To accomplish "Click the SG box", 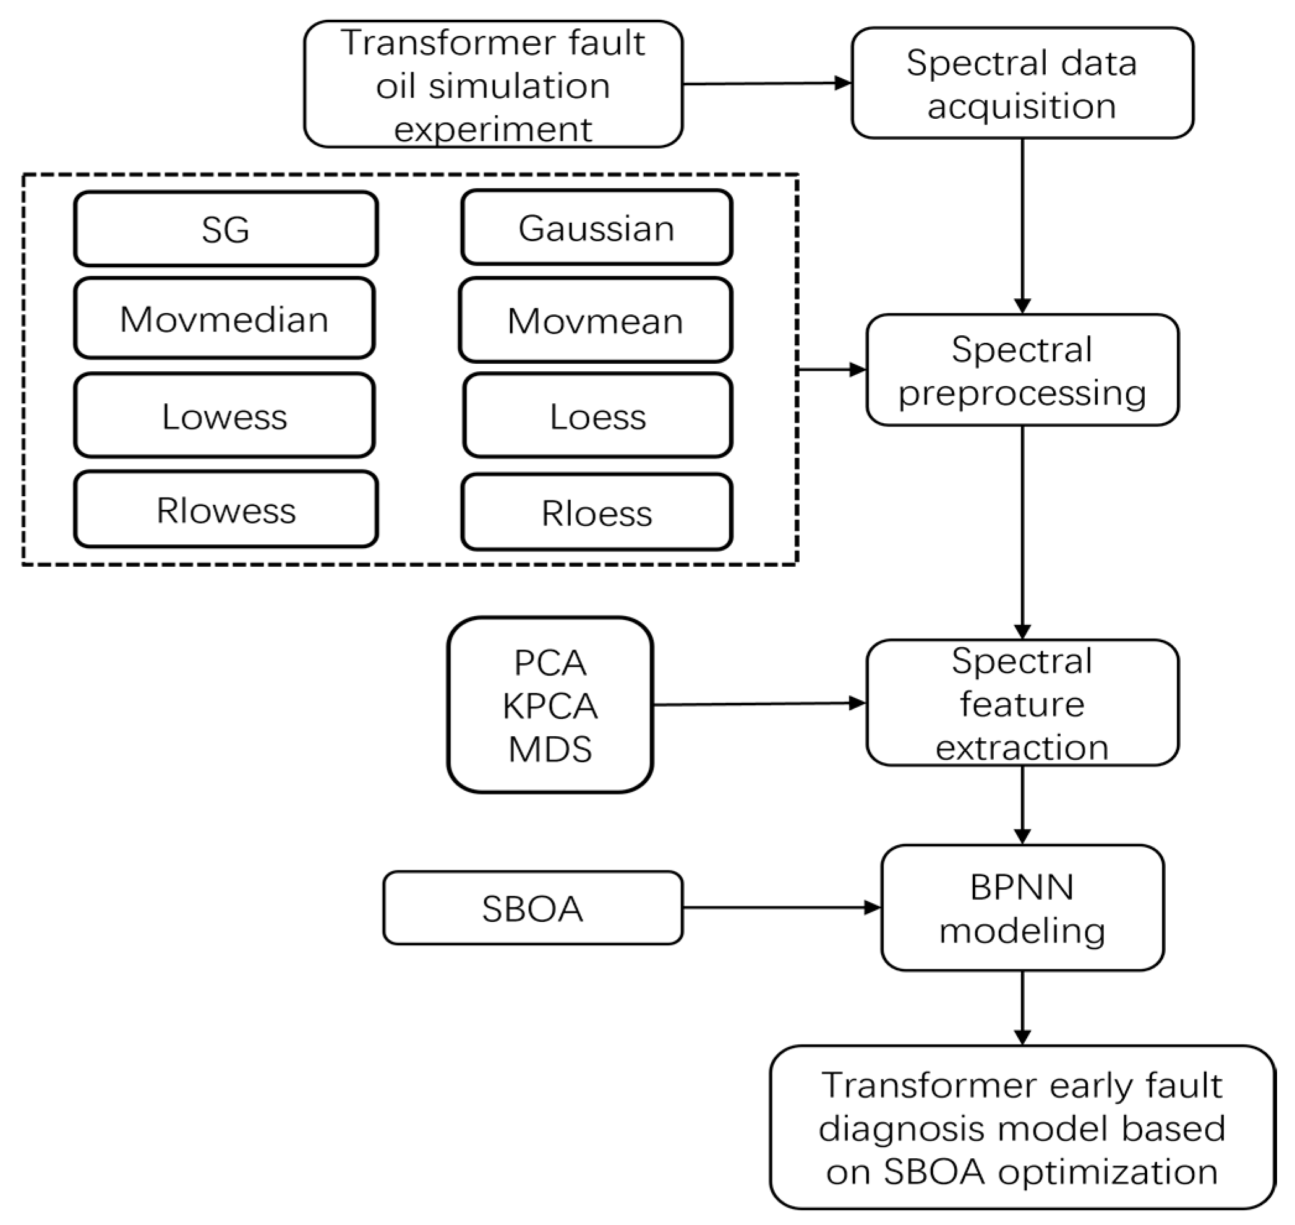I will point(226,229).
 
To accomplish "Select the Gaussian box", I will point(597,228).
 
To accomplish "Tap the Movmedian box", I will point(224,319).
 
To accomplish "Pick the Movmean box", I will point(596,320).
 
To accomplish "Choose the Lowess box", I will point(224,415).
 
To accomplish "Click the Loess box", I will point(597,415).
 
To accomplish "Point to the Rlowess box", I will point(226,509).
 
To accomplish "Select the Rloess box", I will point(597,512).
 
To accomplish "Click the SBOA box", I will point(532,908).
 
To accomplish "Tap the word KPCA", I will point(550,706).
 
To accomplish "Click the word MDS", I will point(550,749).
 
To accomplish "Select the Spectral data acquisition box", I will point(1022,83).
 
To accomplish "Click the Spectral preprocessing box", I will point(1022,370).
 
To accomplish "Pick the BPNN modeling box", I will point(1022,908).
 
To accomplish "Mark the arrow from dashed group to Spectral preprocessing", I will point(832,369).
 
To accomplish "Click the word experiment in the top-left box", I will point(493,129).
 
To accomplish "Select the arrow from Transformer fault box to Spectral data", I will point(767,84).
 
